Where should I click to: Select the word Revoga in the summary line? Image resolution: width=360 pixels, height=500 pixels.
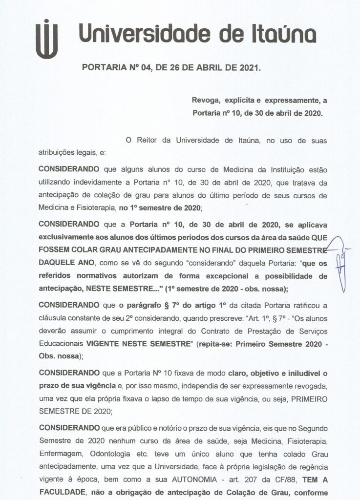click(x=204, y=101)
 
